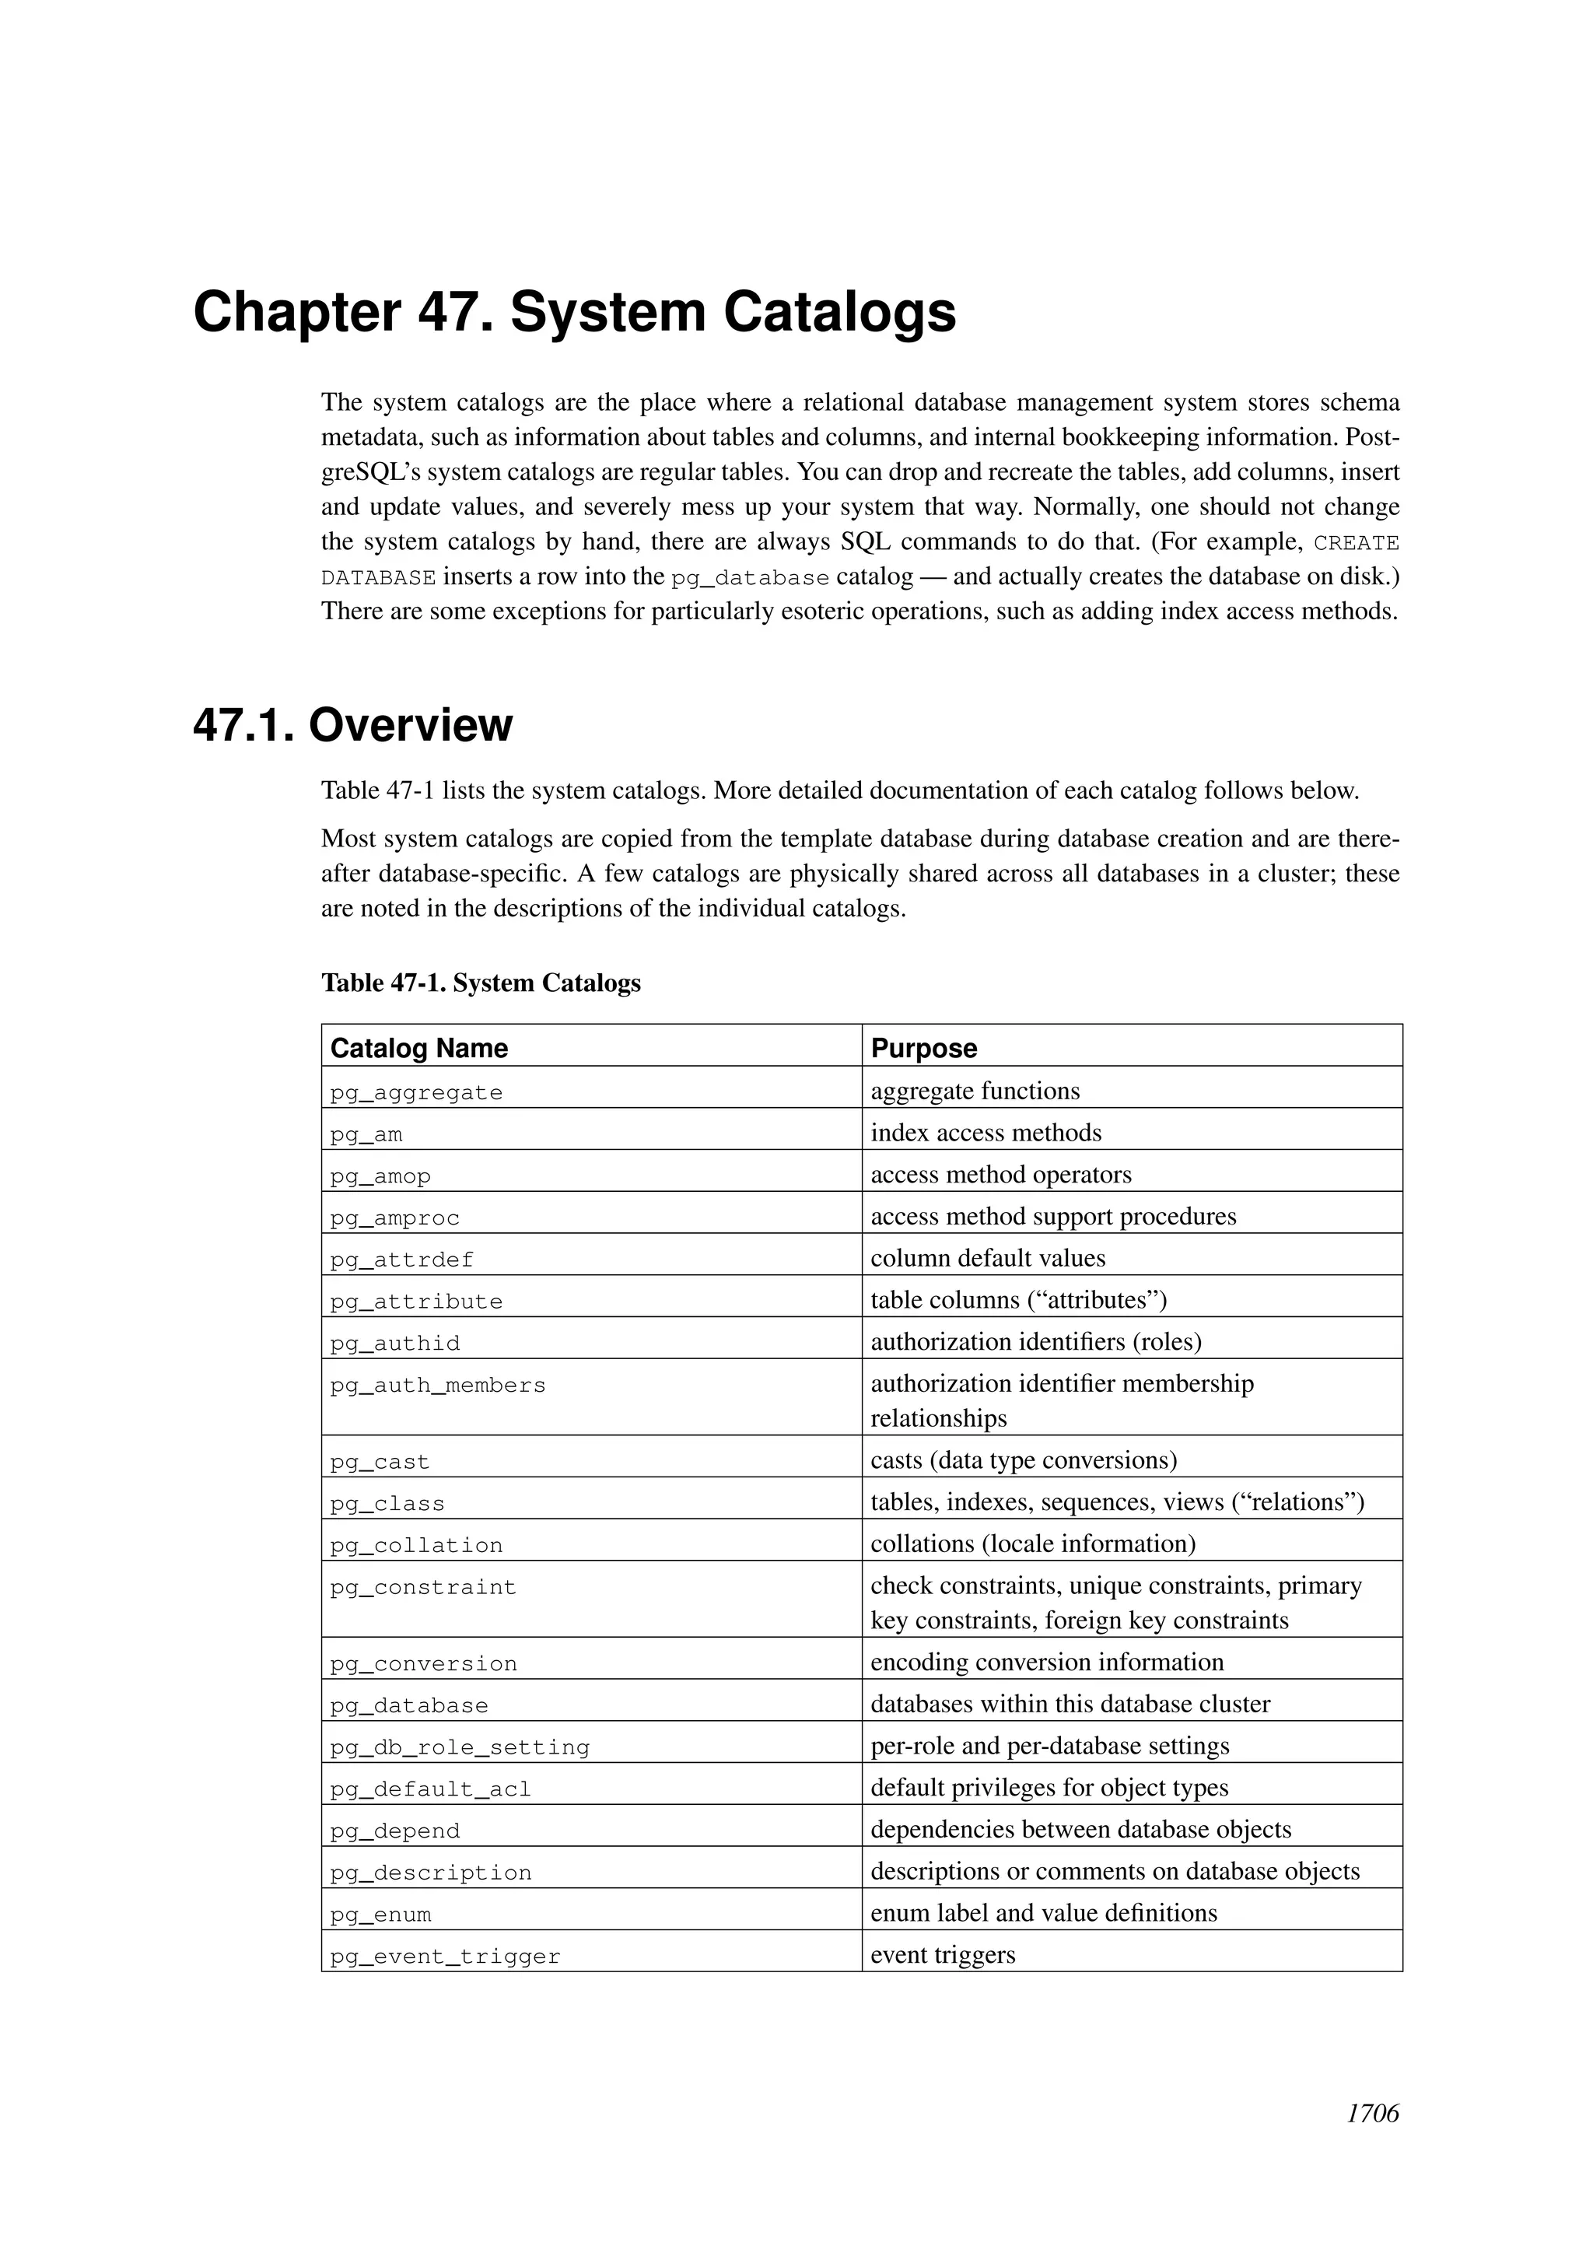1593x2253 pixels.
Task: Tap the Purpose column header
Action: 924,1048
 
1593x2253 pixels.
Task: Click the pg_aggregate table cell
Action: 416,1092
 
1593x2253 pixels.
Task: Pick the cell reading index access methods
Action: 986,1133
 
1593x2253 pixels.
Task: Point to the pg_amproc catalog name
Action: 394,1218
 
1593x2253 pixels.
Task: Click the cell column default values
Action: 988,1258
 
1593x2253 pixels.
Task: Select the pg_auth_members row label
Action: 437,1385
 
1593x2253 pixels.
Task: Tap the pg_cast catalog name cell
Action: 380,1461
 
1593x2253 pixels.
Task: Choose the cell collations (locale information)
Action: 1033,1543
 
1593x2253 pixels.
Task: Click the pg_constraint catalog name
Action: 423,1587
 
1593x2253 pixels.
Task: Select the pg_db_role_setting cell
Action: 459,1747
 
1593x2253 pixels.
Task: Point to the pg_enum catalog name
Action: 380,1914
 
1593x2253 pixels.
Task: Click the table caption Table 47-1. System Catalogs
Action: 481,983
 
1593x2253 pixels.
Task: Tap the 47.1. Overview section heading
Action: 352,725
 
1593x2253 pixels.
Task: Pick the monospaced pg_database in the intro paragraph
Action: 751,578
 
